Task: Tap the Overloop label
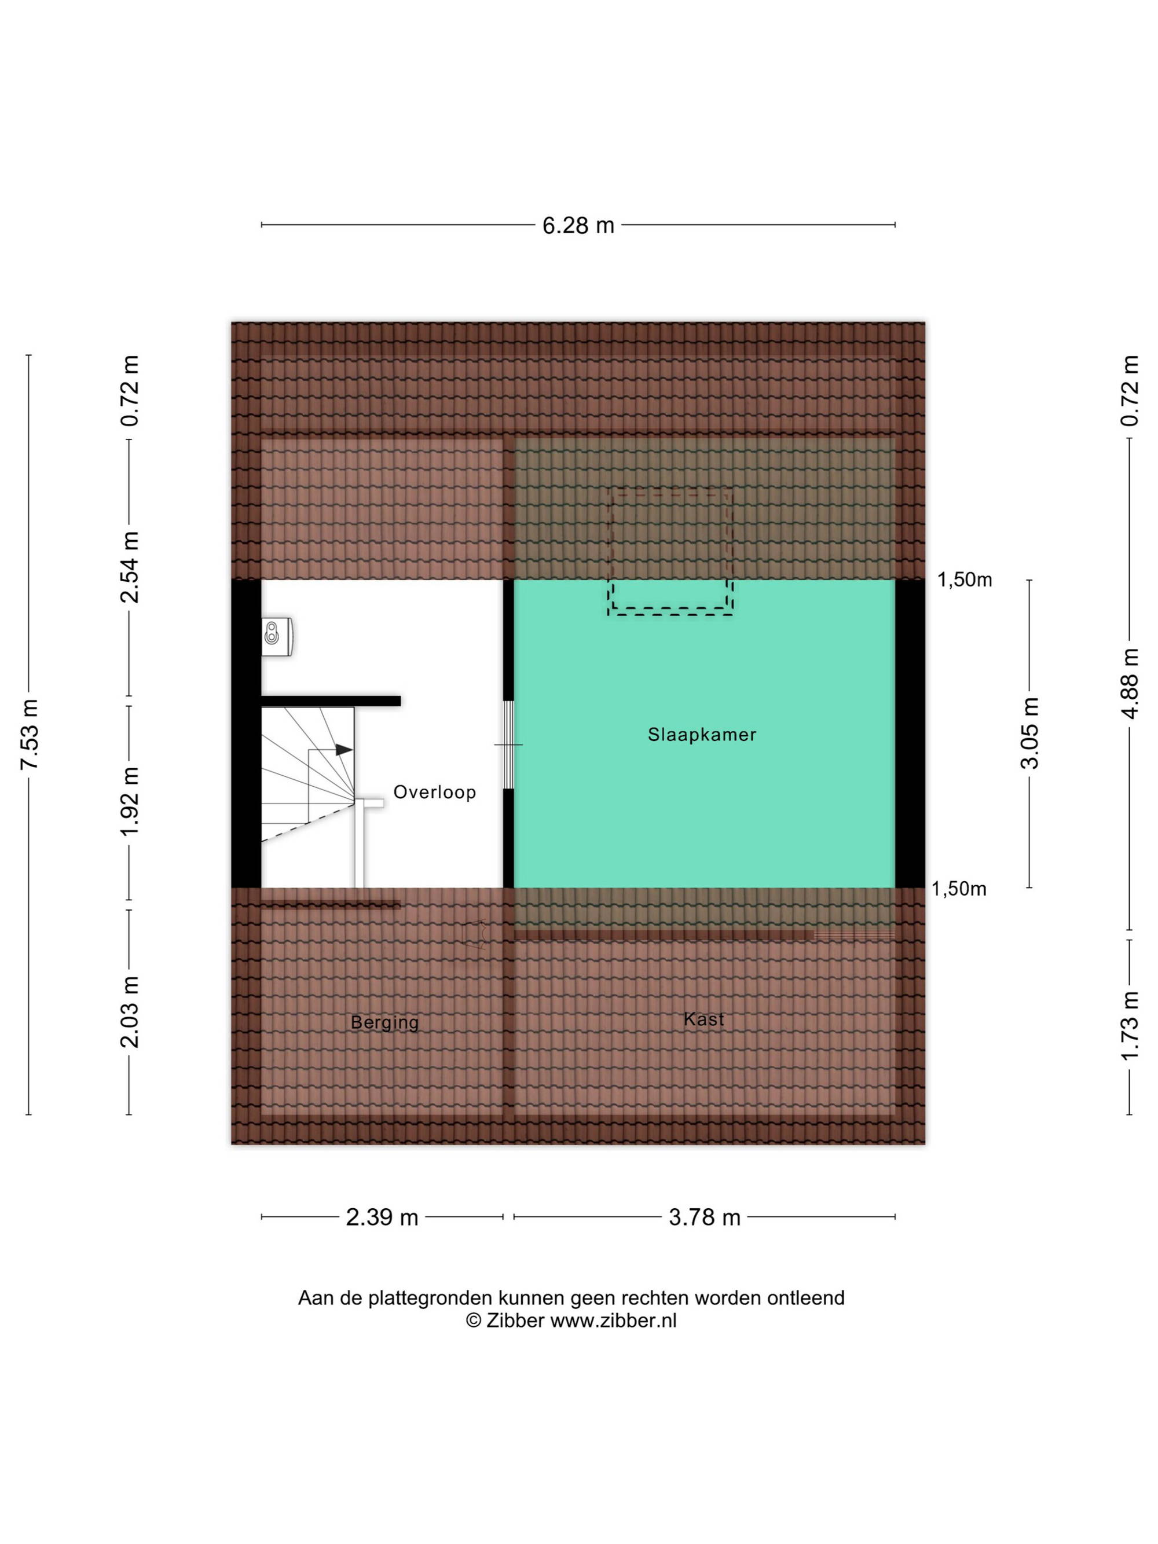[434, 791]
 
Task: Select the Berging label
[384, 1022]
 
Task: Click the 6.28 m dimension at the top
[578, 225]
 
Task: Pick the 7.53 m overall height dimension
[30, 734]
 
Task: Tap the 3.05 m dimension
[1029, 733]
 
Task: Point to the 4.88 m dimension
[1130, 683]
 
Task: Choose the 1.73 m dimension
[1130, 1026]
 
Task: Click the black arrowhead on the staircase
[344, 750]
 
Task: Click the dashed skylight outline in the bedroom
[670, 551]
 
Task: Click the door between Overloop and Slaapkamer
[508, 745]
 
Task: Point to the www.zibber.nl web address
[614, 1321]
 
